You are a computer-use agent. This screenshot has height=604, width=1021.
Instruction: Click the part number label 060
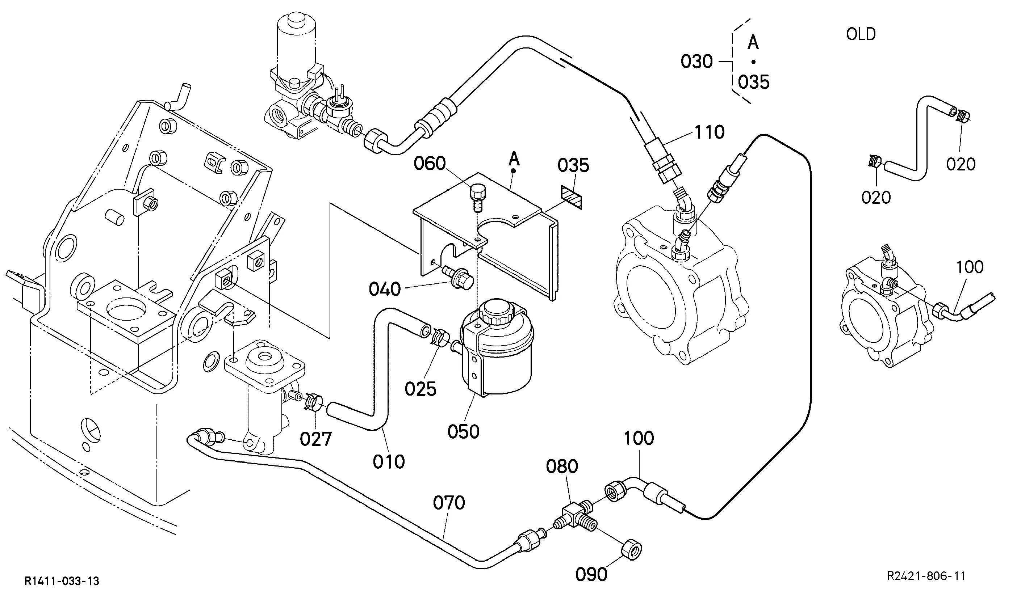(x=430, y=164)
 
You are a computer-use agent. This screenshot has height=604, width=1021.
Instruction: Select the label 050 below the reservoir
(x=464, y=431)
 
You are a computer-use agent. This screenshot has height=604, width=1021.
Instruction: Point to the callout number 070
(x=449, y=503)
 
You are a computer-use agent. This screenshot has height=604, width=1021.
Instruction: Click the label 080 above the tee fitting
(x=562, y=466)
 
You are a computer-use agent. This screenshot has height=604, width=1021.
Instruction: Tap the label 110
(x=710, y=132)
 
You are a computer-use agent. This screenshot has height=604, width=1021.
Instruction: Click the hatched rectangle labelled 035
(x=572, y=197)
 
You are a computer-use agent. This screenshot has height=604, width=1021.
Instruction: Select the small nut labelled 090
(x=631, y=551)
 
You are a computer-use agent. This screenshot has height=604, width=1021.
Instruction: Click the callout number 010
(x=389, y=461)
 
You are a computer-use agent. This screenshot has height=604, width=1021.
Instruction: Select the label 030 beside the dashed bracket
(x=697, y=62)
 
